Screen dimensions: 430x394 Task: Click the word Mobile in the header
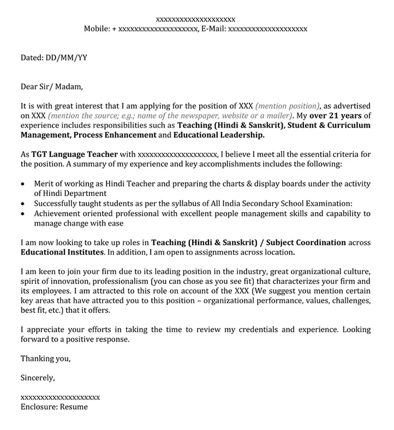coord(96,28)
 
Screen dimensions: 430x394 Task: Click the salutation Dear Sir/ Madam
coord(51,86)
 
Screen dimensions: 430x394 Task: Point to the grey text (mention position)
coord(287,106)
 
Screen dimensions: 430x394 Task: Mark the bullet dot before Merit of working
coord(22,184)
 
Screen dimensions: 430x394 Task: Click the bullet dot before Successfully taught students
coord(22,204)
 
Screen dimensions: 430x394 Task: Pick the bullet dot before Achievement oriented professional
coord(22,214)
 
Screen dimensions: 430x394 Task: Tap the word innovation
coord(68,281)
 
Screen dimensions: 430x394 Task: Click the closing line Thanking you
coord(45,359)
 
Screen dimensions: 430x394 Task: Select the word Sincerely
coord(37,378)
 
